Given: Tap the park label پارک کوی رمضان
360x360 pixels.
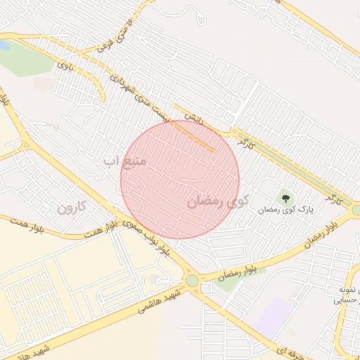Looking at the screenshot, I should (283, 210).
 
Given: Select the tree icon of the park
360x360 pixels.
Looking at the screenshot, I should (285, 196).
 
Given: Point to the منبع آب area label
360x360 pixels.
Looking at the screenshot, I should (124, 162).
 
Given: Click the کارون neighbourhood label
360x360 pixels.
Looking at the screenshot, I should (71, 207).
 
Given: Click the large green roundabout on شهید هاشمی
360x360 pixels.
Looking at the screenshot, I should (192, 281).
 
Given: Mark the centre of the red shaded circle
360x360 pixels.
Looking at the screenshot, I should (180, 179).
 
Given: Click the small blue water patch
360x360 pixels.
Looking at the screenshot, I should (4, 46).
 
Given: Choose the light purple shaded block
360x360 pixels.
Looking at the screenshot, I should (275, 316).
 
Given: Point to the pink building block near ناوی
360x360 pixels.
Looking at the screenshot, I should (44, 84).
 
